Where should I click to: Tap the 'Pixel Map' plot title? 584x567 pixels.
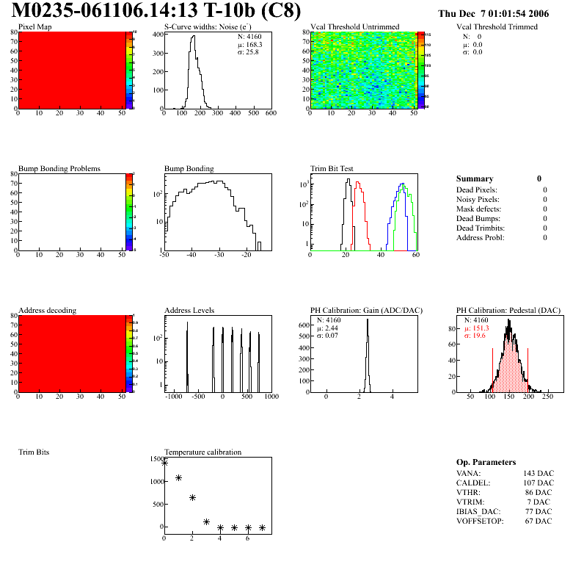(34, 27)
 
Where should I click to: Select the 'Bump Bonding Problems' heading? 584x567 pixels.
(59, 169)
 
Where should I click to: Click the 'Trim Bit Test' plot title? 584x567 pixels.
(332, 169)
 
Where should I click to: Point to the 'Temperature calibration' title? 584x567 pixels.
(202, 452)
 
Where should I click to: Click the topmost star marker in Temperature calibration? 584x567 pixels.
(164, 463)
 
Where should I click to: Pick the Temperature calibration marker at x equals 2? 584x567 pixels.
(192, 497)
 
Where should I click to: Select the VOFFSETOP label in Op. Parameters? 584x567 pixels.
(479, 521)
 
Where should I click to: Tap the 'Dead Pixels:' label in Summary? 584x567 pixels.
(477, 190)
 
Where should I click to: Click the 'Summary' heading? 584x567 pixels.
(475, 178)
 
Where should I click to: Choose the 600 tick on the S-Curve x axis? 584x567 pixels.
(271, 114)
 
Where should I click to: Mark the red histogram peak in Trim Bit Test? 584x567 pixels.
(357, 184)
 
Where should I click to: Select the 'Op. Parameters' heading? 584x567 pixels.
(486, 462)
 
